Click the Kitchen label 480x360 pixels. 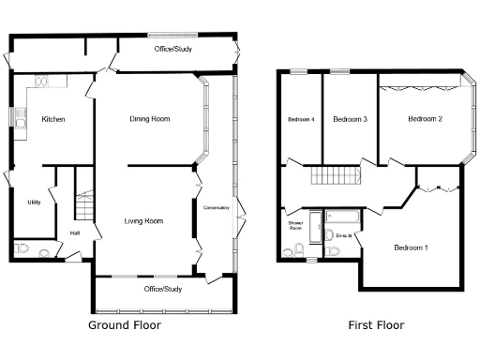click(52, 119)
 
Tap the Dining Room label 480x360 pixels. click(149, 119)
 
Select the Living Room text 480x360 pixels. click(143, 221)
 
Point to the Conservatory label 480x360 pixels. click(217, 207)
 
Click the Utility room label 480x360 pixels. click(34, 202)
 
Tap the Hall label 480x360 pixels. click(75, 233)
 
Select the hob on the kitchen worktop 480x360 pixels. click(42, 82)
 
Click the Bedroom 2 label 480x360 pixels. click(425, 119)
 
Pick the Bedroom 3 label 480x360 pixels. click(350, 119)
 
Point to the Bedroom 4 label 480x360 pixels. click(300, 119)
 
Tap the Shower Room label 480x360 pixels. click(294, 225)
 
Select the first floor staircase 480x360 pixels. click(337, 175)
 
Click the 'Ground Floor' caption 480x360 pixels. click(124, 325)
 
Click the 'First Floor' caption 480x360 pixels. click(376, 325)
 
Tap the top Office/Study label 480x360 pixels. click(173, 47)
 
